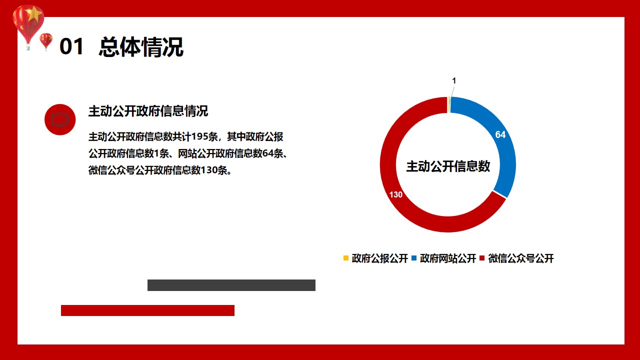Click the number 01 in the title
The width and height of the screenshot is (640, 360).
coord(71,46)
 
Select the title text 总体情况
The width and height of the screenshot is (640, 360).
coord(141,47)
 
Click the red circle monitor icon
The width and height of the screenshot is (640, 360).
coord(60,119)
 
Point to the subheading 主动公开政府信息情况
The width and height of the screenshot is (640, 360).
coord(148,111)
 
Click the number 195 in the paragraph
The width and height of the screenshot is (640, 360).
coord(199,136)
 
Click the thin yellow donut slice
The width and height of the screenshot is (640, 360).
coord(449,104)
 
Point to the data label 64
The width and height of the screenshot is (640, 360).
coord(500,134)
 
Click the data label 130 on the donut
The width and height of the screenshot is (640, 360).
coord(395,194)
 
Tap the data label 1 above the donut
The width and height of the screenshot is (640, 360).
coord(454,81)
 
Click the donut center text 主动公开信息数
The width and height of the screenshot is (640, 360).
coord(448,166)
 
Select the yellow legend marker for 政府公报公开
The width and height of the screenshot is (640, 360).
coord(345,258)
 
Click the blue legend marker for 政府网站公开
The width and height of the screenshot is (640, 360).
coord(413,258)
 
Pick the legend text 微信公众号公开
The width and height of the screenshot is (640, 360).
coord(521,258)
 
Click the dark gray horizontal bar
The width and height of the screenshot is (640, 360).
coord(231,285)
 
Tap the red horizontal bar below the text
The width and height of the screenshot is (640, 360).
coord(147,310)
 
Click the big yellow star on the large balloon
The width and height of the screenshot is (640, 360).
coord(33,13)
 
